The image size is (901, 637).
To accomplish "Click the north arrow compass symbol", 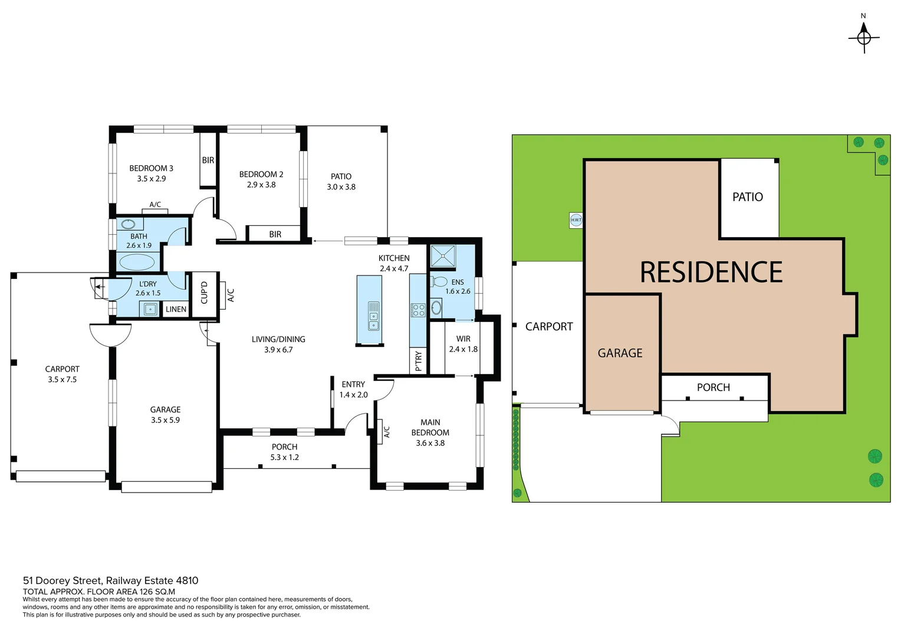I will coord(864,37).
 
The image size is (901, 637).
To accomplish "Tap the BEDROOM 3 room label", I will coord(151,168).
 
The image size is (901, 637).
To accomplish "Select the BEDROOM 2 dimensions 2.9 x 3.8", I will coord(261,185).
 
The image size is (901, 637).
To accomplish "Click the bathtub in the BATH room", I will coord(137,261).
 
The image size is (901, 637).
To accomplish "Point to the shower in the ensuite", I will coord(442,256).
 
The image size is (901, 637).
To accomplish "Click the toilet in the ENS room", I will coord(439,282).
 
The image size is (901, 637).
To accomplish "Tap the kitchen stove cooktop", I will coord(418,310).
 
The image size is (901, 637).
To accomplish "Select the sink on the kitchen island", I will coord(374,316).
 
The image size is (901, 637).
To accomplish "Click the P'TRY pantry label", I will coord(418,361).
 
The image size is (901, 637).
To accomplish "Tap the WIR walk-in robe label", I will coord(463,339).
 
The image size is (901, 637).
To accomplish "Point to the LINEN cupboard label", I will coord(176,309).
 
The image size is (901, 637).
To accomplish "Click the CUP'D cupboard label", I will coord(205,293).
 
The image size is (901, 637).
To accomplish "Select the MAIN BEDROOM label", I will coord(430,427).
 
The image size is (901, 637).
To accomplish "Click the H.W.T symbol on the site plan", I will coord(576,220).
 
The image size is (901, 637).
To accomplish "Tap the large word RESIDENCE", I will coord(711,272).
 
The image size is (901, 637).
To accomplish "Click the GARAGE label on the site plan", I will coord(620,353).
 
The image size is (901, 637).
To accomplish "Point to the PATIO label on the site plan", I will coord(747,197).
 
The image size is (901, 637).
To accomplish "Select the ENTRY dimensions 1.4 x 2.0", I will coord(353,395).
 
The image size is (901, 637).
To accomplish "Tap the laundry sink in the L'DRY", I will coord(150,308).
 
